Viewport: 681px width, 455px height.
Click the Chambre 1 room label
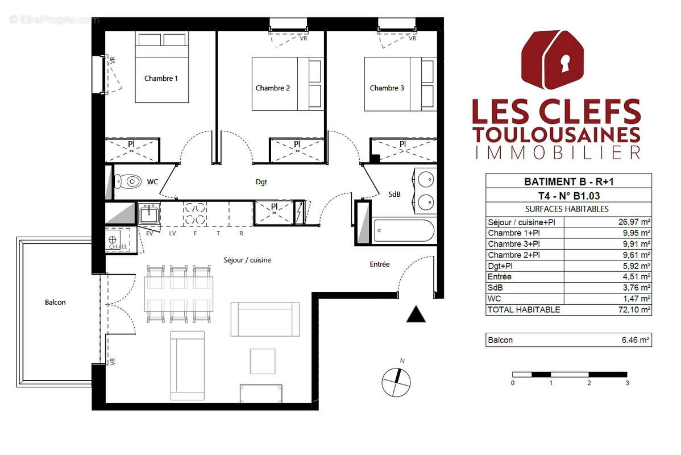click(161, 78)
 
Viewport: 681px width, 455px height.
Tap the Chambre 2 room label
click(272, 88)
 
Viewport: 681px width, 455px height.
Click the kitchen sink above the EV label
click(150, 215)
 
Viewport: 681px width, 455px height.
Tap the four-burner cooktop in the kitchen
click(194, 214)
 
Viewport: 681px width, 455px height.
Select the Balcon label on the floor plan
click(55, 303)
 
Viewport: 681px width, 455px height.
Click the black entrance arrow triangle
click(416, 314)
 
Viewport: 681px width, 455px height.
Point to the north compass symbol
click(396, 382)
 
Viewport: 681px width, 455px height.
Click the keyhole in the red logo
click(564, 63)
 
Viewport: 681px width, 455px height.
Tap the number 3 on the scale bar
click(626, 383)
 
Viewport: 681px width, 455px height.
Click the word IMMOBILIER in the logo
click(556, 152)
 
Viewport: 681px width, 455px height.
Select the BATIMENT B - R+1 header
click(568, 182)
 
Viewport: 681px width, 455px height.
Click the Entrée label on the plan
click(379, 264)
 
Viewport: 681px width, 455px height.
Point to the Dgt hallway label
click(261, 183)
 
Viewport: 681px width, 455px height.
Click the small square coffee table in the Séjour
click(262, 359)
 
